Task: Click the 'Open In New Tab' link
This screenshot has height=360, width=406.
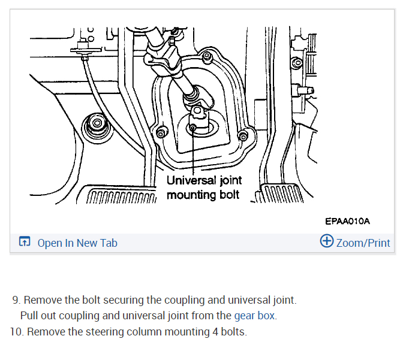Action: click(77, 243)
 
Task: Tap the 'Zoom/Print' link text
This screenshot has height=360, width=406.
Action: click(363, 243)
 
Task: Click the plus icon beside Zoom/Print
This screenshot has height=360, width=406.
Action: click(327, 241)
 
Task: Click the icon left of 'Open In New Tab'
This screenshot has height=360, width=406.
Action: click(25, 243)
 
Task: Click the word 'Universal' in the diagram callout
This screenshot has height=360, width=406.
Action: click(190, 180)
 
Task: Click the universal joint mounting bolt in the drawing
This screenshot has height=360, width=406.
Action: click(193, 126)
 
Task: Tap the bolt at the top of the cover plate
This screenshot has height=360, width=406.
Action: click(206, 58)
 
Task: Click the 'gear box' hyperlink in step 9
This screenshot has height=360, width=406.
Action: click(255, 315)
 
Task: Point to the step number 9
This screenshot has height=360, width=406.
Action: click(16, 300)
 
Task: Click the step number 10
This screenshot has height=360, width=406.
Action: click(16, 331)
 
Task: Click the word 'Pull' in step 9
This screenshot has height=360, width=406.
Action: click(29, 315)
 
